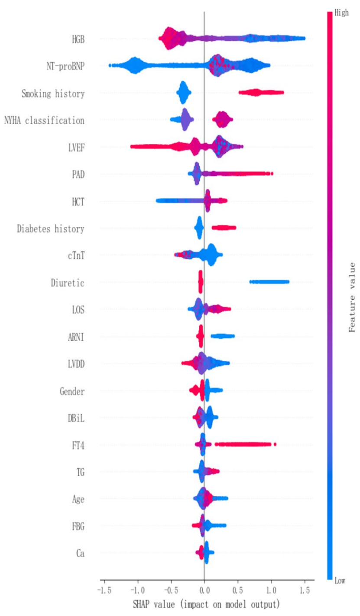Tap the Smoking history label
[x=53, y=93]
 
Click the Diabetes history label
[x=50, y=229]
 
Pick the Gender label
[x=72, y=392]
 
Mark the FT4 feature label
[x=78, y=445]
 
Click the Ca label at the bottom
[x=80, y=553]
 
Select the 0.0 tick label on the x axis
[x=204, y=590]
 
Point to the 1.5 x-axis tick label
[x=305, y=590]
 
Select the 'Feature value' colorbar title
[x=352, y=297]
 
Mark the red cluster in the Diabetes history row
[x=224, y=228]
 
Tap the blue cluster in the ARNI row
[x=222, y=336]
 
